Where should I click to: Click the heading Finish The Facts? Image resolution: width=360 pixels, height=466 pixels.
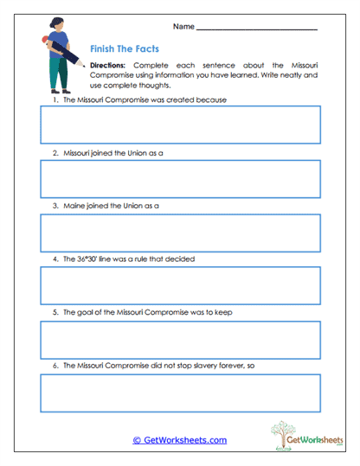124,50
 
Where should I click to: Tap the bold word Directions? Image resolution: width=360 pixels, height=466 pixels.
108,66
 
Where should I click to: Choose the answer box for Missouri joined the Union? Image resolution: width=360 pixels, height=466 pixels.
180,179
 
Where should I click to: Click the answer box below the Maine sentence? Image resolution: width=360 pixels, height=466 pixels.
180,233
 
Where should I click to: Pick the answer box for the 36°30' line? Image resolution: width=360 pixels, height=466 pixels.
180,285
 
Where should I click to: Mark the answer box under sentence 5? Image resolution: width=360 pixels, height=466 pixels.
180,340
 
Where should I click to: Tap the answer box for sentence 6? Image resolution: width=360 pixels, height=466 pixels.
180,393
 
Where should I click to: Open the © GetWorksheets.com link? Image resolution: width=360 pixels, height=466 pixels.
179,440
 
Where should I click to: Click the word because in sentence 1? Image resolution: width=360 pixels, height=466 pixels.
209,99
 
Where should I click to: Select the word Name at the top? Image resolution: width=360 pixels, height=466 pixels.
183,27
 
